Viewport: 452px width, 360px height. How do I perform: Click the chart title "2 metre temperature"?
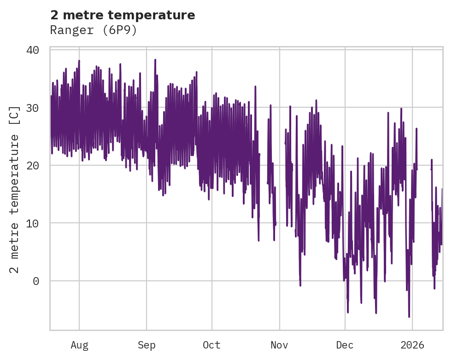click(123, 15)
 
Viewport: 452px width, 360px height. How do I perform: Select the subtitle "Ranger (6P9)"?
click(94, 30)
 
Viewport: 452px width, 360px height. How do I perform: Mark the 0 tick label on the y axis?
click(36, 281)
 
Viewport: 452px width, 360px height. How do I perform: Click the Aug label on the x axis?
click(79, 345)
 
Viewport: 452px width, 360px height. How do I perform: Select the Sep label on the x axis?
click(147, 345)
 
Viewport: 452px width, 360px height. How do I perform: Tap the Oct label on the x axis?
click(212, 345)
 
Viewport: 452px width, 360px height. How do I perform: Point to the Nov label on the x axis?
click(279, 345)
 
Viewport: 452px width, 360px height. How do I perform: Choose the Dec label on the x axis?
click(345, 345)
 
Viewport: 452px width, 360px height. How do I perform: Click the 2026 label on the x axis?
click(412, 345)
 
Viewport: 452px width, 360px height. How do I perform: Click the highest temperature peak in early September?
click(155, 60)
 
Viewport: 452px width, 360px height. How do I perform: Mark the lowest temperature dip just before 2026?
click(409, 317)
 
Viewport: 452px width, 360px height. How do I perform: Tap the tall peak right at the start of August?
click(79, 61)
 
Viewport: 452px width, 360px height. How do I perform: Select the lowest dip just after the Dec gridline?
click(348, 312)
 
